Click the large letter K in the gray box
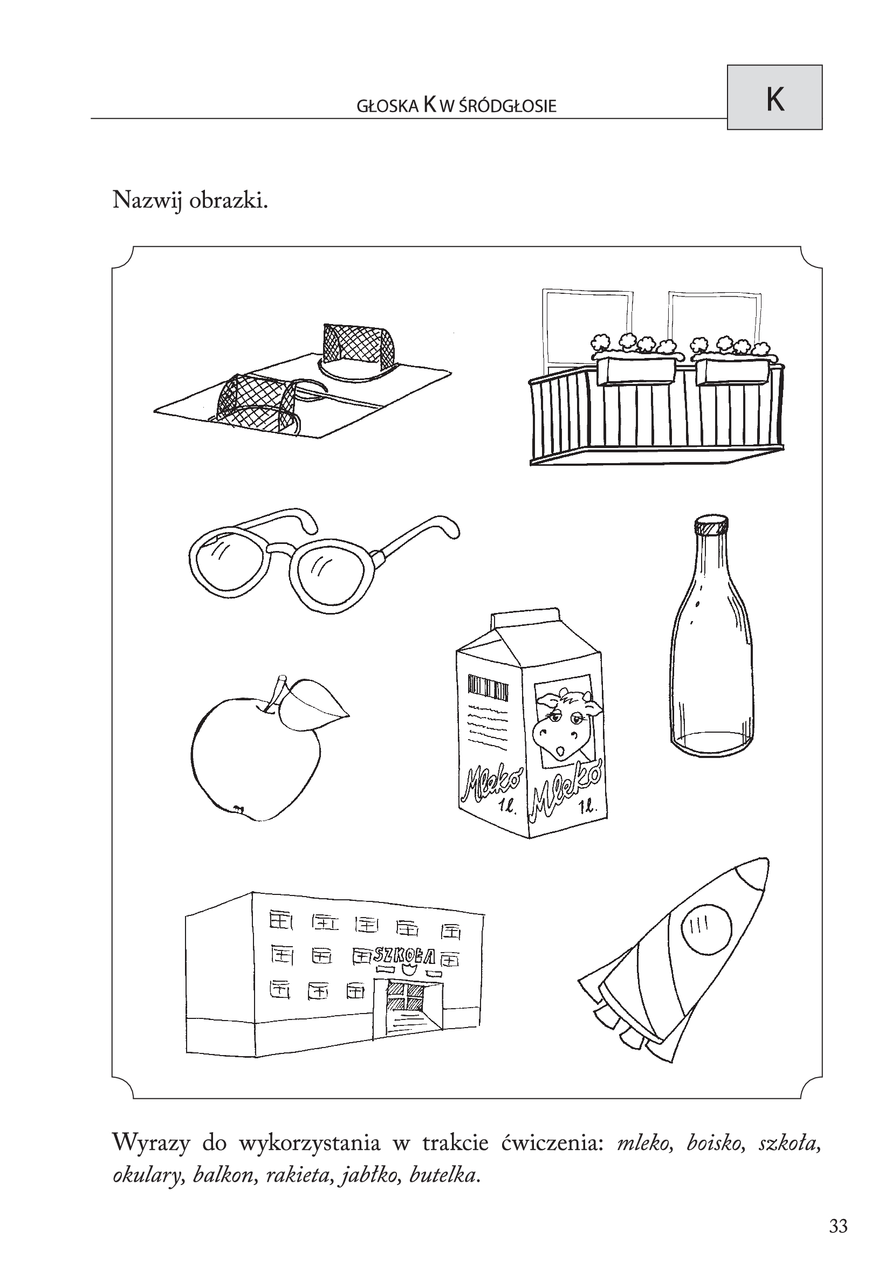coord(774,100)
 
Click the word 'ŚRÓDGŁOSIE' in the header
coord(507,106)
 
